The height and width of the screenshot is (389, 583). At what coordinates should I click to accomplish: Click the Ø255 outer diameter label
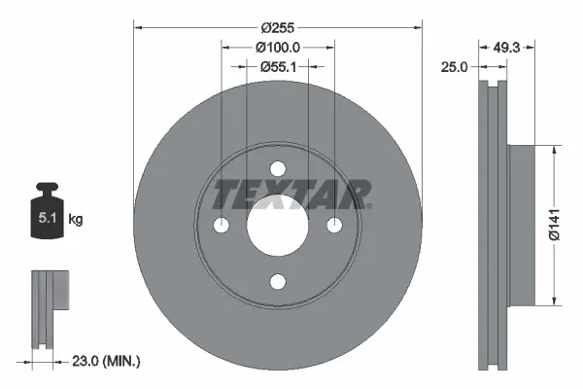tap(278, 28)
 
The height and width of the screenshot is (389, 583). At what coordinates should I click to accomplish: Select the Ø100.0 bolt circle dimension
tap(278, 47)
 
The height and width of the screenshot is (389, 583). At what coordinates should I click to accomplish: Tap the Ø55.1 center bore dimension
tap(278, 66)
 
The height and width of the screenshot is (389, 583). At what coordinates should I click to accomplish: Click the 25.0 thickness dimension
tap(455, 66)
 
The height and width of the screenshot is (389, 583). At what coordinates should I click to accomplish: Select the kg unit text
tap(76, 220)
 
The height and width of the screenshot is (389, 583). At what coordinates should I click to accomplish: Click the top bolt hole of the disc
tap(278, 168)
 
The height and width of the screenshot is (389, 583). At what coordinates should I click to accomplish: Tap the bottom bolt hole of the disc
tap(278, 282)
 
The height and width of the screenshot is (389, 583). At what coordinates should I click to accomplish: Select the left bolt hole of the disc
tap(222, 226)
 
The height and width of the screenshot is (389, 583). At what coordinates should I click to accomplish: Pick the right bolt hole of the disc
tap(334, 226)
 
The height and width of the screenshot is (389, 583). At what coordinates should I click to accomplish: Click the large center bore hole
tap(278, 226)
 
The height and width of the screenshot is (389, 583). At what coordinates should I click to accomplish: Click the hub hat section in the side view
tap(520, 225)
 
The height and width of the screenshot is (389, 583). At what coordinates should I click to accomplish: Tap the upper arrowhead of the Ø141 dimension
tap(555, 152)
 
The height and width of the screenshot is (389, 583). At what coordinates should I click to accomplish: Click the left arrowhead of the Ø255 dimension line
tap(138, 28)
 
